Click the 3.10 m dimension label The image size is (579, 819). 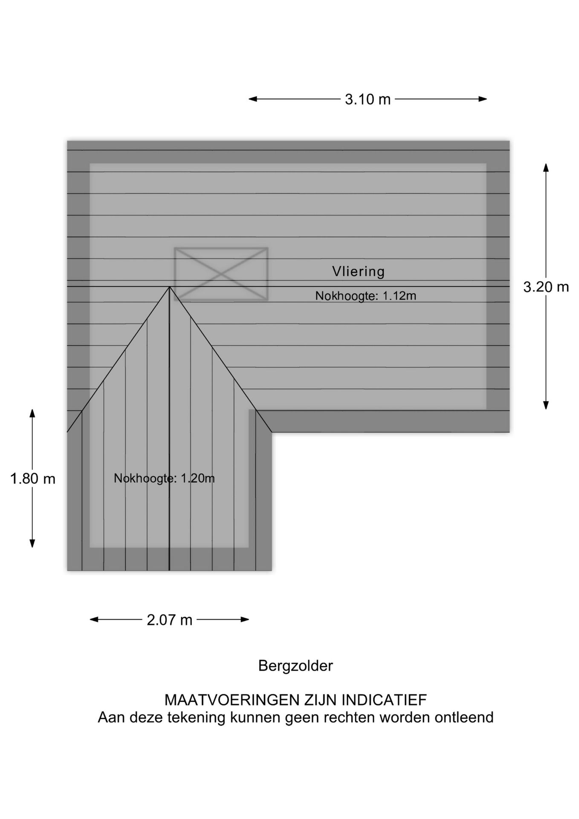point(368,99)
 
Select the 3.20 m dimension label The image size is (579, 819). point(546,287)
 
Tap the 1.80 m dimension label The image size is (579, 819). point(33,479)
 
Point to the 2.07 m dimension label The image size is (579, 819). point(170,620)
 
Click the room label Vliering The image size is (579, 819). point(359,271)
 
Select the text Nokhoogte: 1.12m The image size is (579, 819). point(366,296)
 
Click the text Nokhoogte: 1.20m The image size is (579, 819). point(164,478)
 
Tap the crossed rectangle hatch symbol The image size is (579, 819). point(221,274)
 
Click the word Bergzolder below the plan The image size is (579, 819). point(295,666)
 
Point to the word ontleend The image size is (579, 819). point(464,717)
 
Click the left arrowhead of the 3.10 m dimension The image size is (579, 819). point(253,99)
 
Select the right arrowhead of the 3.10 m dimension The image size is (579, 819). point(483,99)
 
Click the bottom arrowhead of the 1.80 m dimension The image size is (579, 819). point(32,543)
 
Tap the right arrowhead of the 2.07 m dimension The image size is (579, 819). point(245,619)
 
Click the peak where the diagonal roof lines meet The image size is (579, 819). point(170,287)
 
